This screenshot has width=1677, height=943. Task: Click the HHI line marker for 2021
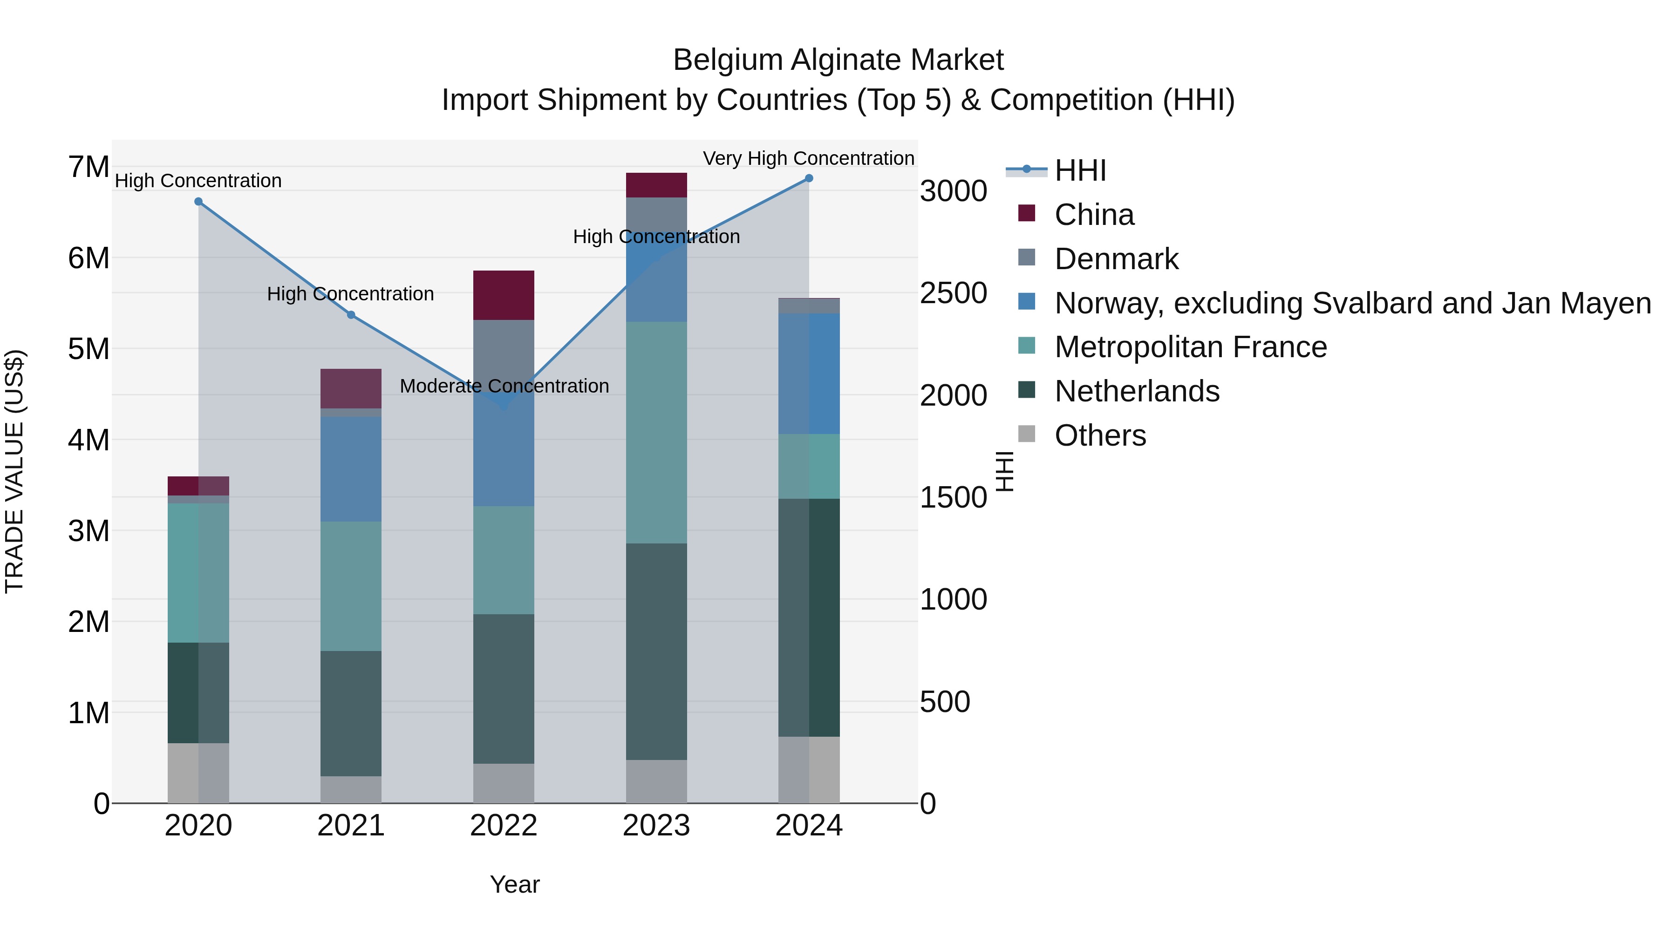click(351, 315)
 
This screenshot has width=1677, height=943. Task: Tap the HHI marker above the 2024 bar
click(809, 178)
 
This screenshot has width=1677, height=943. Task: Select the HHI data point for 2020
click(198, 202)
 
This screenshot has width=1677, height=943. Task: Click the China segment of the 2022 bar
click(503, 295)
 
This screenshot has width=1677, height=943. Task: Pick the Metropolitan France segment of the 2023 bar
click(656, 432)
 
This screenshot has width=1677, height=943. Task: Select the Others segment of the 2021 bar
click(351, 789)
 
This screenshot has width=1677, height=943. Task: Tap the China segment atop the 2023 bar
click(656, 185)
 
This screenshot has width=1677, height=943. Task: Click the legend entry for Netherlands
click(1136, 391)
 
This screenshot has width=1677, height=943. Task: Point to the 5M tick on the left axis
click(89, 349)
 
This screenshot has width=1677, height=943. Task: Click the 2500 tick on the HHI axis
click(953, 293)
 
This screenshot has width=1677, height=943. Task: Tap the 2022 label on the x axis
click(503, 826)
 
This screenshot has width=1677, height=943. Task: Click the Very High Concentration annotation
click(809, 158)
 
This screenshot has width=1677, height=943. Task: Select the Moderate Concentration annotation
click(504, 386)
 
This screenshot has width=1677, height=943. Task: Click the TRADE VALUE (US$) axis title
click(14, 471)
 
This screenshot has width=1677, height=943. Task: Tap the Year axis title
click(514, 884)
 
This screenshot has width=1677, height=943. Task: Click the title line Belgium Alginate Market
click(838, 60)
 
